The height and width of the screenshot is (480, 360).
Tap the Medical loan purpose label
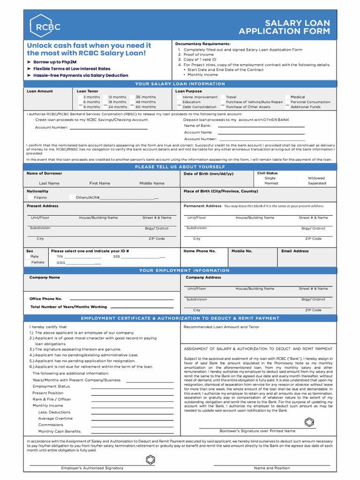click(297, 97)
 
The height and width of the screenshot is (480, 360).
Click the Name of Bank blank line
click(261, 126)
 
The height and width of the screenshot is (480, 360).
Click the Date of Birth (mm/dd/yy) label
click(208, 174)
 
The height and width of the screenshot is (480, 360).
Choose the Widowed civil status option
click(316, 178)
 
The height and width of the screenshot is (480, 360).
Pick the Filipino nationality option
click(40, 198)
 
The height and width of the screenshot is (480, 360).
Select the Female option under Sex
click(37, 262)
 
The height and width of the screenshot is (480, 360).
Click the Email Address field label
click(295, 251)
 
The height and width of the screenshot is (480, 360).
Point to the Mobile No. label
click(242, 251)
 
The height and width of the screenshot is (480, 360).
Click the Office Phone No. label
click(45, 299)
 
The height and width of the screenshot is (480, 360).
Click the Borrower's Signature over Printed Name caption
click(257, 431)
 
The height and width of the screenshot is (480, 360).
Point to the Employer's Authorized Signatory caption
click(92, 468)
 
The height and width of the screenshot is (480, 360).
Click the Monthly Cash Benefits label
click(59, 431)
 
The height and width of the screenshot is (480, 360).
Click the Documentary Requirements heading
click(202, 44)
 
